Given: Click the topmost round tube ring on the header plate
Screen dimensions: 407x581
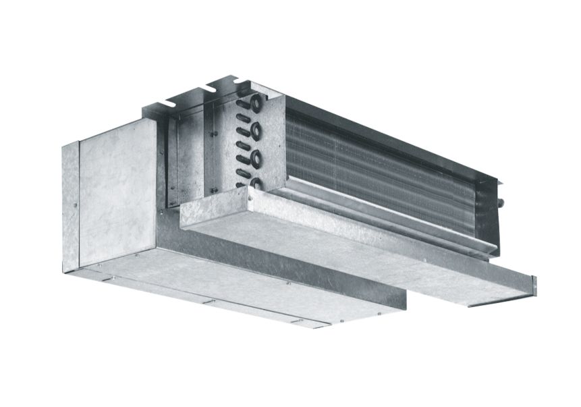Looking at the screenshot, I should (258, 103).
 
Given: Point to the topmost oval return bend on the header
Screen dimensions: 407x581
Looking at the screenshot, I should (241, 105).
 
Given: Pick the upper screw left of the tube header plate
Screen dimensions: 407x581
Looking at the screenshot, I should (213, 134).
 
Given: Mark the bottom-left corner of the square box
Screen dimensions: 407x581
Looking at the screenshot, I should (81, 265).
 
